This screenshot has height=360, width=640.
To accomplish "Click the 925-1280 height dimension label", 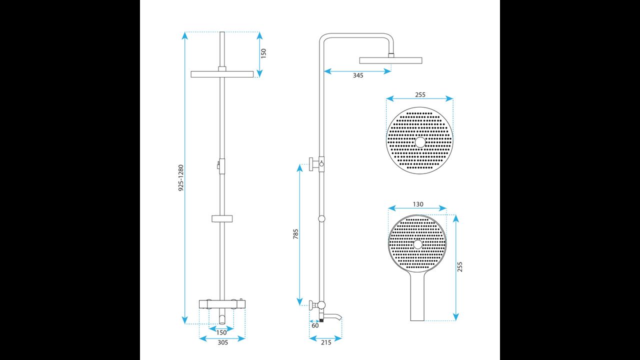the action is tap(181, 177).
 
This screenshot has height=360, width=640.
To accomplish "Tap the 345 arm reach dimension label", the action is tap(358, 75).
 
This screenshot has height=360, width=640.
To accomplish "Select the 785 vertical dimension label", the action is tap(295, 234).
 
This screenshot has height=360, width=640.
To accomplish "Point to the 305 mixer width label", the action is tap(223, 342).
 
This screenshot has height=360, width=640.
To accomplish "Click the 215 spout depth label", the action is tap(326, 342).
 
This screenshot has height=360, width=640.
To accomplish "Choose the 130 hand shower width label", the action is tap(418, 204).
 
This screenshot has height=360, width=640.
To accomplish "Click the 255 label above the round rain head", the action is tap(420, 94).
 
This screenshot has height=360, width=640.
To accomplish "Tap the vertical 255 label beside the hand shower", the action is tap(459, 267).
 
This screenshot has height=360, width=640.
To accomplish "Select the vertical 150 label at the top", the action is tap(263, 53).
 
